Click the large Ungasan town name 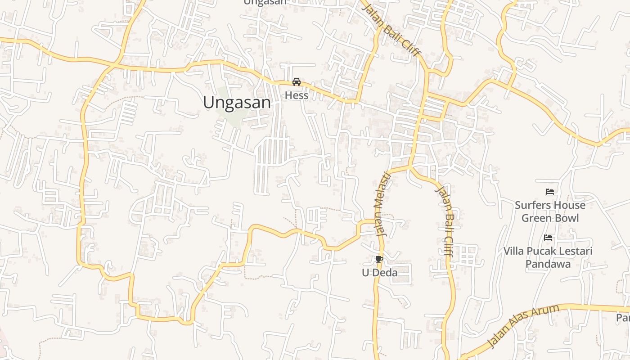coord(237,103)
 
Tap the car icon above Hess coord(296,82)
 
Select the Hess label coord(297,95)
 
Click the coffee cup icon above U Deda coord(379,259)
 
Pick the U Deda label coord(380,273)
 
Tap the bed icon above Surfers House coord(549,192)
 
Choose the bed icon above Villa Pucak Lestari coord(548,238)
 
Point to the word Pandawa coord(548,264)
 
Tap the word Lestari coord(576,251)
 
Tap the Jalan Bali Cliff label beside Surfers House coord(444,220)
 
